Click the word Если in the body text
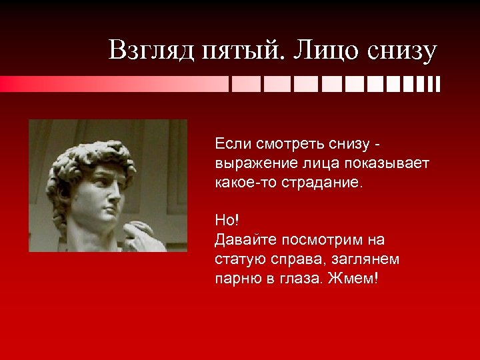pyautogui.click(x=229, y=143)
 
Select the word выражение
pyautogui.click(x=247, y=163)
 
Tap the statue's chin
pyautogui.click(x=107, y=221)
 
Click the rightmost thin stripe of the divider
pyautogui.click(x=438, y=84)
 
